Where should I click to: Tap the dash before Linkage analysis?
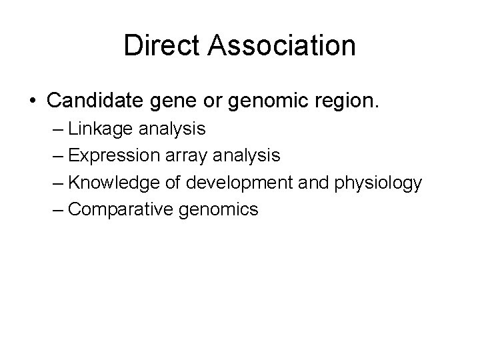coord(56,129)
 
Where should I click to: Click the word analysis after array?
coord(256,156)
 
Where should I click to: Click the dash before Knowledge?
coord(56,183)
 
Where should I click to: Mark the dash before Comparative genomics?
coord(56,210)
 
